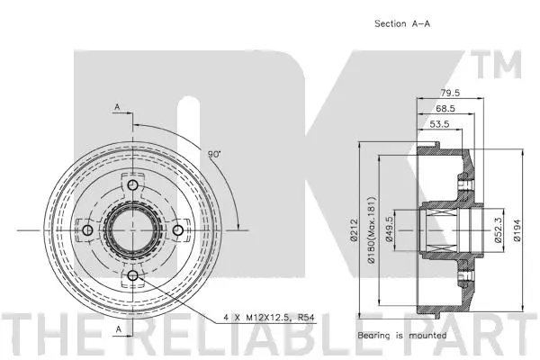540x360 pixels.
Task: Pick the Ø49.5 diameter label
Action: (x=390, y=231)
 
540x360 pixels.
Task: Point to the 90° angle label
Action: (x=214, y=154)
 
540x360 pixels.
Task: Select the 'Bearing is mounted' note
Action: (x=401, y=335)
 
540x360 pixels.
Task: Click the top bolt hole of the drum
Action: (x=132, y=187)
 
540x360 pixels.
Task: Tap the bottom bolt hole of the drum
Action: (x=132, y=275)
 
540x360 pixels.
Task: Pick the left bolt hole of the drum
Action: (x=88, y=231)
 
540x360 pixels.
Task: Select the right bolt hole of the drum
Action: (x=176, y=231)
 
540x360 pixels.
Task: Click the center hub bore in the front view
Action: (x=132, y=231)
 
